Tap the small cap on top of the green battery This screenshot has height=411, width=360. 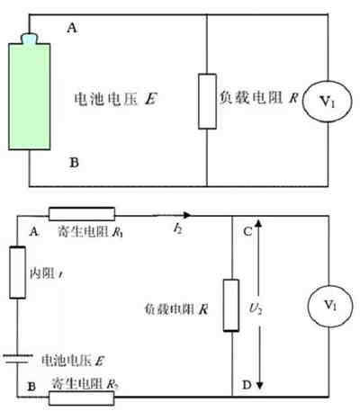point(31,39)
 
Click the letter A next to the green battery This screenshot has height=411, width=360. point(73,29)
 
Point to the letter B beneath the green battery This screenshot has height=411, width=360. point(73,163)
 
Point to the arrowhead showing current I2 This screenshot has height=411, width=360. point(185,215)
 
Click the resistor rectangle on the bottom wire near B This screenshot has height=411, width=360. point(82,396)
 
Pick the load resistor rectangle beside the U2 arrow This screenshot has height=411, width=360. point(232,306)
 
